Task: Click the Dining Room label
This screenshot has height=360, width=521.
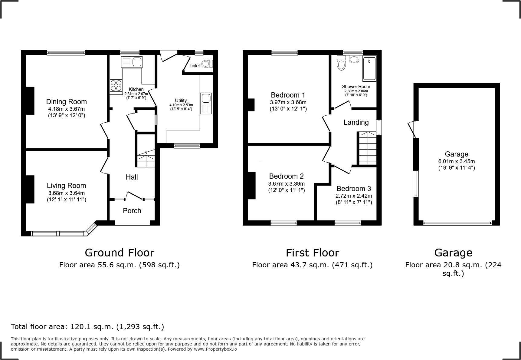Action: click(66, 102)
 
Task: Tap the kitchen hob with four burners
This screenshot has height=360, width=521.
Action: click(116, 85)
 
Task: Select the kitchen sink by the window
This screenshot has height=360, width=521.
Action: click(132, 62)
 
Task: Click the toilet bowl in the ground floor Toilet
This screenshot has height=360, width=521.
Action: click(207, 64)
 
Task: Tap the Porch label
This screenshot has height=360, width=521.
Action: click(132, 211)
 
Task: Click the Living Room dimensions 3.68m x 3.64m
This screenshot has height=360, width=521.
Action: click(66, 193)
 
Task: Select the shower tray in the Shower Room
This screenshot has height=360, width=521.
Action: click(369, 69)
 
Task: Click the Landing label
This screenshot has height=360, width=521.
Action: click(356, 122)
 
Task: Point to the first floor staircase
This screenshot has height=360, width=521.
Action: click(368, 148)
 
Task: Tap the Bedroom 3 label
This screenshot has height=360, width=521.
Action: click(354, 189)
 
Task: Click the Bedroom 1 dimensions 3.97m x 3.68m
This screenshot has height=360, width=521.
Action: click(288, 102)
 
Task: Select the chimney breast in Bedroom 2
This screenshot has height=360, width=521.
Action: click(252, 186)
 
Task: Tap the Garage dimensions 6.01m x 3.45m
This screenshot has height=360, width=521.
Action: click(457, 161)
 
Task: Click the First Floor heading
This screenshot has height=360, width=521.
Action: click(312, 253)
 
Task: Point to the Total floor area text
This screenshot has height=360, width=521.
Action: click(87, 327)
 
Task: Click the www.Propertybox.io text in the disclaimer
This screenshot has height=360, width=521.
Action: click(215, 349)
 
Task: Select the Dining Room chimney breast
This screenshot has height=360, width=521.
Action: click(30, 101)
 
